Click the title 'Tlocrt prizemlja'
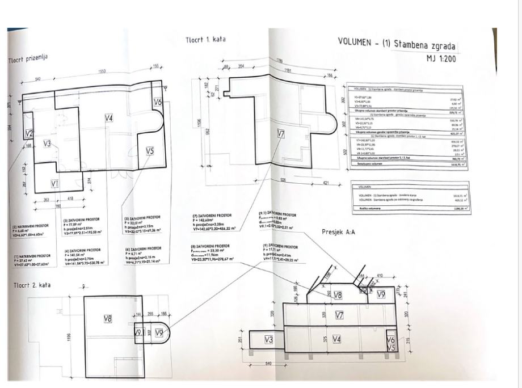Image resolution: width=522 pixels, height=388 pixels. click(x=27, y=58)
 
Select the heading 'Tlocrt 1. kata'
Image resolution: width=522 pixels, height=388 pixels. click(x=205, y=40)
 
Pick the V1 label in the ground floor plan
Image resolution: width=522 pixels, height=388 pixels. click(x=55, y=183)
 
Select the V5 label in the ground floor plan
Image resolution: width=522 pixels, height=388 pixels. click(x=150, y=151)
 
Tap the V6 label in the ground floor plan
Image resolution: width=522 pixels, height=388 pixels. click(x=158, y=102)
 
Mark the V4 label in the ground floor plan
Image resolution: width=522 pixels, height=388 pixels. click(x=109, y=118)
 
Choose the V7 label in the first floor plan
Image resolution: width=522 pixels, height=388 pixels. click(x=280, y=134)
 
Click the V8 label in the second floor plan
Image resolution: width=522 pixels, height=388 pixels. click(x=107, y=319)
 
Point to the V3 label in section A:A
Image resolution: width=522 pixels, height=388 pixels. click(x=268, y=339)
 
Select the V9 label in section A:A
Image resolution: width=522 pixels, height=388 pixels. click(x=381, y=294)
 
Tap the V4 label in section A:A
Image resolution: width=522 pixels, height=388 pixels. click(x=336, y=339)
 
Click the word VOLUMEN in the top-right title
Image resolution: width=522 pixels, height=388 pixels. click(x=355, y=41)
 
